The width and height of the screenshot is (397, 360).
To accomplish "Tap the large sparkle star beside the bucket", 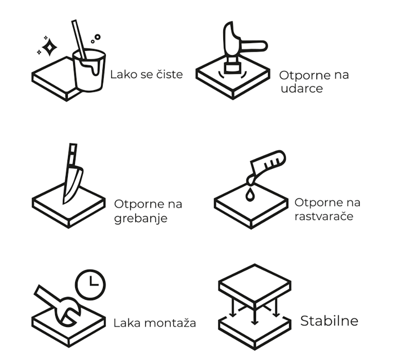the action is tap(49, 47).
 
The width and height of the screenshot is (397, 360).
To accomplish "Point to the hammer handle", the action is tap(254, 46).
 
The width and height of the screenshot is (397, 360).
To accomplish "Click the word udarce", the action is tap(302, 89).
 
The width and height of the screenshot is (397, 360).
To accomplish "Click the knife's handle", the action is tap(72, 155).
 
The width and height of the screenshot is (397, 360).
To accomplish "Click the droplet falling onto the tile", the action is tap(250, 195).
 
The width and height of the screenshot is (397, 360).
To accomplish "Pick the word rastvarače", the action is tap(324, 216).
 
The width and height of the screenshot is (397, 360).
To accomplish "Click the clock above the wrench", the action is tap(91, 285).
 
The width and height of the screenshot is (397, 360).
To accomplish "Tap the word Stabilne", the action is tap(329, 321).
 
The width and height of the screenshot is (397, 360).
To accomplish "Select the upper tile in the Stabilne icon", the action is tap(255, 285).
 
